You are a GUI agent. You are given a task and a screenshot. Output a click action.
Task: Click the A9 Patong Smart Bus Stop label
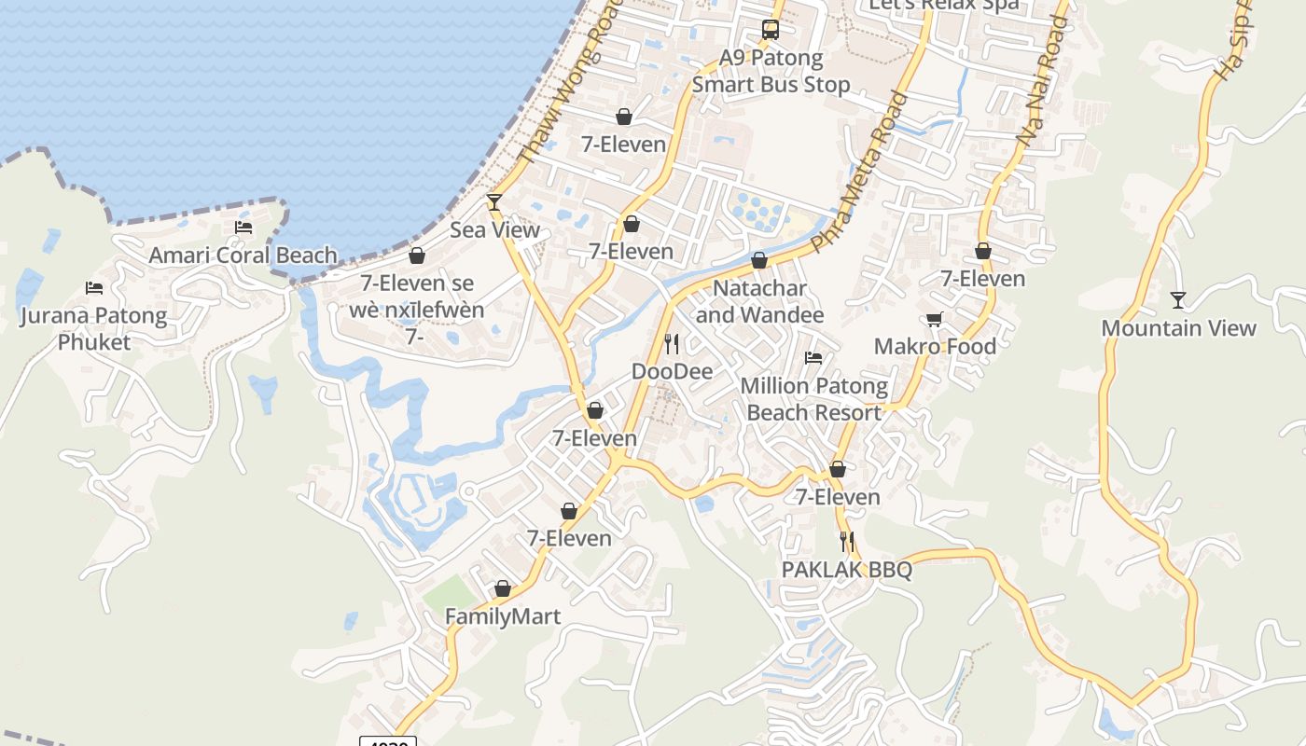(x=771, y=71)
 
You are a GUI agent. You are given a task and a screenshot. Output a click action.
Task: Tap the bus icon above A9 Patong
(x=771, y=30)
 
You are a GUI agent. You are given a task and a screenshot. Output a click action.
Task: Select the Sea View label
(x=494, y=229)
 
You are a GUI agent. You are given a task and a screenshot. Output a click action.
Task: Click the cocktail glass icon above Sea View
(x=494, y=201)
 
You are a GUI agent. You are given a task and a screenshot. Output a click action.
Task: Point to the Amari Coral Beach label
(x=243, y=255)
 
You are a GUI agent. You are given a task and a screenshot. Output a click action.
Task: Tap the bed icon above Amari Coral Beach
(x=243, y=228)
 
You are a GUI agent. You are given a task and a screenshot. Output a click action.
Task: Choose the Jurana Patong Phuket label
(x=94, y=328)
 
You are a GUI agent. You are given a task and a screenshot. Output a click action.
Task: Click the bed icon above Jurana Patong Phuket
(x=94, y=287)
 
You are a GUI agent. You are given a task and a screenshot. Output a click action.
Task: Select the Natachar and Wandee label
(x=759, y=301)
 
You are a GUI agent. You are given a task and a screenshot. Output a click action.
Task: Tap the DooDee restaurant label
(x=672, y=371)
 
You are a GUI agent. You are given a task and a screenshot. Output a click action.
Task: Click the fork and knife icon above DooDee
(x=672, y=344)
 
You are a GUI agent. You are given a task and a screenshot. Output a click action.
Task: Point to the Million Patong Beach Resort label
(x=813, y=398)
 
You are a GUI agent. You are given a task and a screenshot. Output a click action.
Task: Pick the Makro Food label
(x=935, y=346)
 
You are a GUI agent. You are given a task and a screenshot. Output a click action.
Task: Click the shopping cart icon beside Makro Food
(x=935, y=320)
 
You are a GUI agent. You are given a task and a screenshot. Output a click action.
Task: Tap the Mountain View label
(x=1178, y=327)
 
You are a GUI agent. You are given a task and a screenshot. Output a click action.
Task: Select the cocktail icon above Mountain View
(x=1178, y=299)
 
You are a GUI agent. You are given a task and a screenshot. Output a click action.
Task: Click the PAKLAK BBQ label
(x=846, y=569)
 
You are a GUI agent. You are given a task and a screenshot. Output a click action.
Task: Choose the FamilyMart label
(x=503, y=616)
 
